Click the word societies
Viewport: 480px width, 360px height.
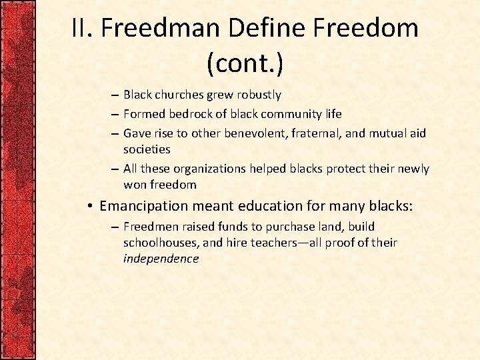147,149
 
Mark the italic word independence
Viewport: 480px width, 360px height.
161,259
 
